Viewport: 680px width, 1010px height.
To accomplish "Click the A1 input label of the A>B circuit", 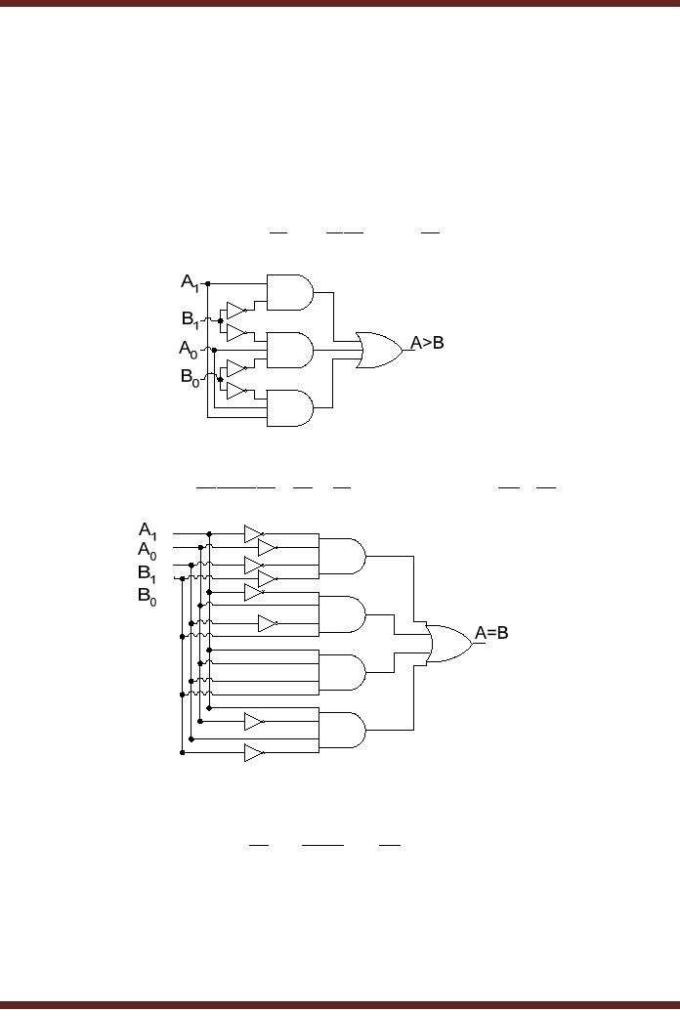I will [x=191, y=282].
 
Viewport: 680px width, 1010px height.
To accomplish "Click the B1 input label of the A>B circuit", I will [x=191, y=318].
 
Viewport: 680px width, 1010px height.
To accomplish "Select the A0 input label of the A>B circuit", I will [x=189, y=349].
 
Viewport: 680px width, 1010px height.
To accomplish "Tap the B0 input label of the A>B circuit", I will [x=190, y=380].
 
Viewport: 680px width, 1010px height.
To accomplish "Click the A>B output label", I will [x=427, y=343].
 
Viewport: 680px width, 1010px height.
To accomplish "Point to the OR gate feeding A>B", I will [x=380, y=349].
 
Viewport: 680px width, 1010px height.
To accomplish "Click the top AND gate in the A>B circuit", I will [x=289, y=290].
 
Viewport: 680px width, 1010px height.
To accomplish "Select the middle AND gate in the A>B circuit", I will [x=289, y=349].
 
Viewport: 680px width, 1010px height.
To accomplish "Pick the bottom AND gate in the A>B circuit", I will [x=289, y=408].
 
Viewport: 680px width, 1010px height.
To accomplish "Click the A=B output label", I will [x=491, y=633].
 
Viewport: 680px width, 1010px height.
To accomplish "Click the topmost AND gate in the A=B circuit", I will [x=342, y=555].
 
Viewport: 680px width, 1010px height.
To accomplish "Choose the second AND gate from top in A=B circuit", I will [x=342, y=613].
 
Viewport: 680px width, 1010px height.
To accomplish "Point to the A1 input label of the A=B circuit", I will [x=149, y=530].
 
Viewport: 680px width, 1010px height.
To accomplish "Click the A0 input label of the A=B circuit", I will [x=148, y=551].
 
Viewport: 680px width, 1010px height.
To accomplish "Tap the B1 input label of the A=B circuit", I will [x=148, y=573].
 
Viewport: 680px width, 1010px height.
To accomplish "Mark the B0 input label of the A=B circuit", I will [x=148, y=596].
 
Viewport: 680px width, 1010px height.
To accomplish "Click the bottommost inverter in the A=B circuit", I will [x=254, y=753].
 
